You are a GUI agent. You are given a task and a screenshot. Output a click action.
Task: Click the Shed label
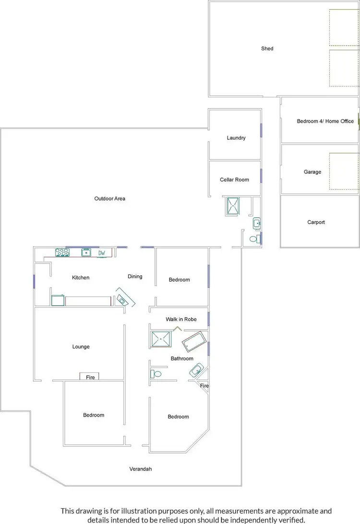[267, 48]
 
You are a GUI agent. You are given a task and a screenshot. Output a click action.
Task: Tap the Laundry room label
[236, 138]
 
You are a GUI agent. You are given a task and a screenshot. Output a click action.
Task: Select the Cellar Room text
[235, 179]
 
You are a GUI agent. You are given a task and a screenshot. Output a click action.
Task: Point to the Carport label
[316, 222]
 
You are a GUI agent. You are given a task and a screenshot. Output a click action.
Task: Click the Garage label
[312, 172]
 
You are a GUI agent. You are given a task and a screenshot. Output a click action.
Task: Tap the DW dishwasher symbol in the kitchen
[102, 252]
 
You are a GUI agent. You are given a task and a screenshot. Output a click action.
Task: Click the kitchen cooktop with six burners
[62, 252]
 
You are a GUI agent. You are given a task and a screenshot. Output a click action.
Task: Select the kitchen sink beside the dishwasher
[86, 252]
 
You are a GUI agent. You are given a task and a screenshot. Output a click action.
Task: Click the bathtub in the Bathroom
[194, 342]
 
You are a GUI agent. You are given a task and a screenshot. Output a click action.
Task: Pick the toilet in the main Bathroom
[156, 373]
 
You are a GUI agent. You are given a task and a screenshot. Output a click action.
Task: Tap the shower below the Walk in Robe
[161, 339]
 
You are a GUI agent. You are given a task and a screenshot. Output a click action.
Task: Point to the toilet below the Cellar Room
[254, 238]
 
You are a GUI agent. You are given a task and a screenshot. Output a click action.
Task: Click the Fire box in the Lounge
[91, 377]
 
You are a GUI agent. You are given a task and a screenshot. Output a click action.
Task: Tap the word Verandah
[141, 469]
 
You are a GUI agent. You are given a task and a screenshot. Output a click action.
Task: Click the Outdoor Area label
[110, 198]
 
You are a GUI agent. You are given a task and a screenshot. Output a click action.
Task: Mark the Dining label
[135, 276]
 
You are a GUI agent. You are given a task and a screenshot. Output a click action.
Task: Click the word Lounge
[81, 346]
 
